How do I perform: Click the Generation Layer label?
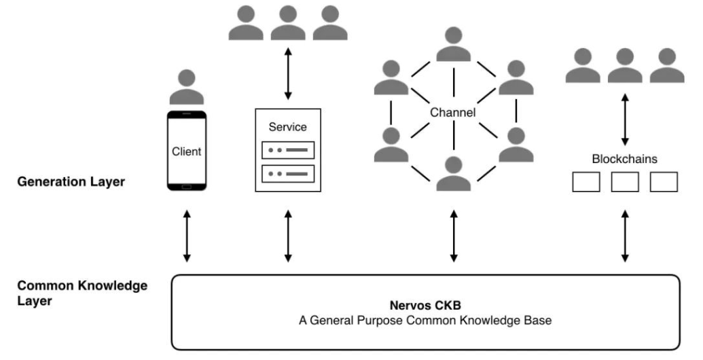pos(71,181)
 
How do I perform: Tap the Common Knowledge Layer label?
pos(82,293)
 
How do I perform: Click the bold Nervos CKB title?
pos(425,306)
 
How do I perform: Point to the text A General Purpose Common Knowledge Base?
pos(425,321)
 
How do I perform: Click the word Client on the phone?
pos(187,151)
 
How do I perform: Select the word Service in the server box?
pos(288,127)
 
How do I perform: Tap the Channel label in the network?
pos(453,112)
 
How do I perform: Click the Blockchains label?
pos(624,159)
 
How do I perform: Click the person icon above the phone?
pos(187,87)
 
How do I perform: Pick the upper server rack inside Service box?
pos(288,150)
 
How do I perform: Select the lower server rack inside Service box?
pos(288,173)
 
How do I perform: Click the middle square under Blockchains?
pos(625,182)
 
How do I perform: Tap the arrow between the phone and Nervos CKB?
pos(187,236)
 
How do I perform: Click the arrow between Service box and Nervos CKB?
pos(288,236)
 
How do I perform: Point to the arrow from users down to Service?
pos(288,73)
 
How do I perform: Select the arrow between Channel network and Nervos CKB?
pos(454,236)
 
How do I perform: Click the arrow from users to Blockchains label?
pos(624,120)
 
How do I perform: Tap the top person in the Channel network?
pos(453,44)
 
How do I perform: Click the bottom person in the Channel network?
pos(453,173)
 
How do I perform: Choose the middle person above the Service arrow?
pos(288,23)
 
